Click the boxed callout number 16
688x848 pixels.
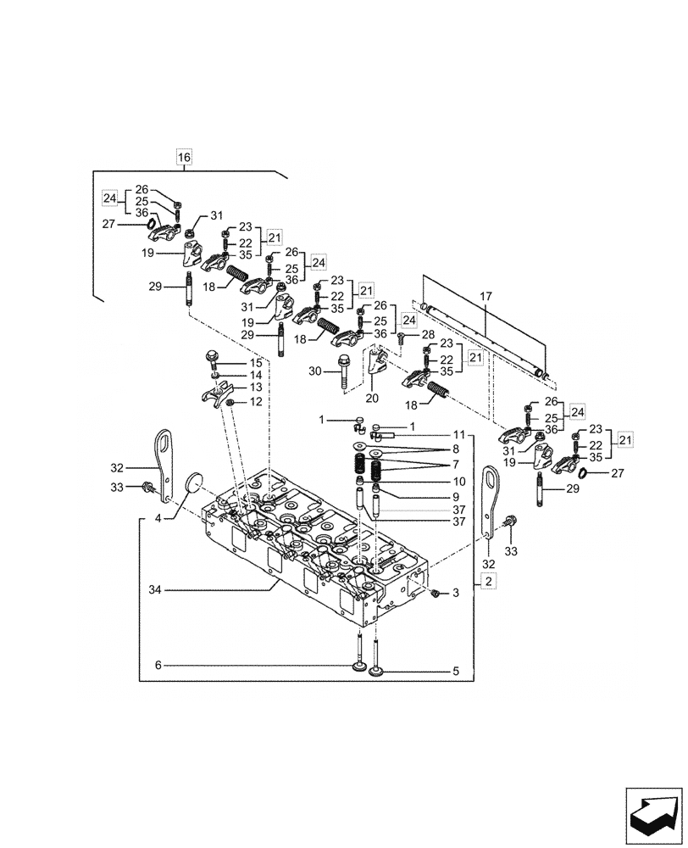point(184,156)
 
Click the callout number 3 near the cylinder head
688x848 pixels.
point(455,594)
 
